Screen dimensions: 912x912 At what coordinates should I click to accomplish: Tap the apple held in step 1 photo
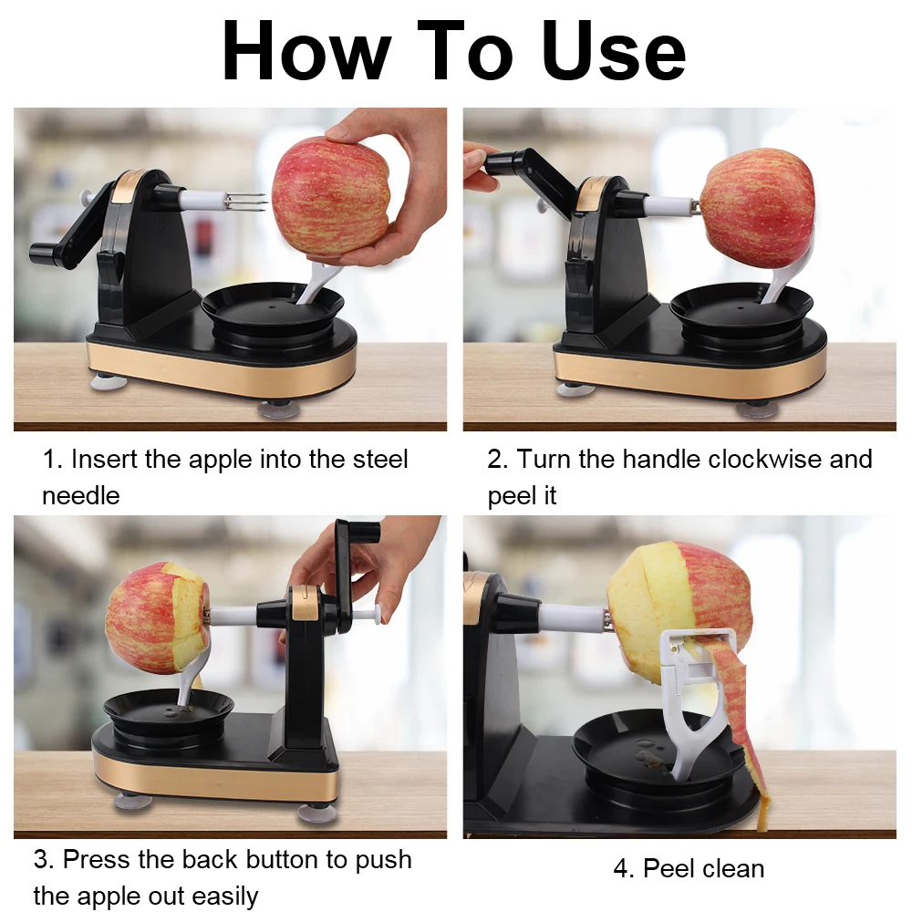[330, 195]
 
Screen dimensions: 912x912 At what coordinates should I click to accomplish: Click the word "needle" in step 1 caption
[80, 495]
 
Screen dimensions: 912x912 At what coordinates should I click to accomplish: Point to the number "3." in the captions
[44, 859]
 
